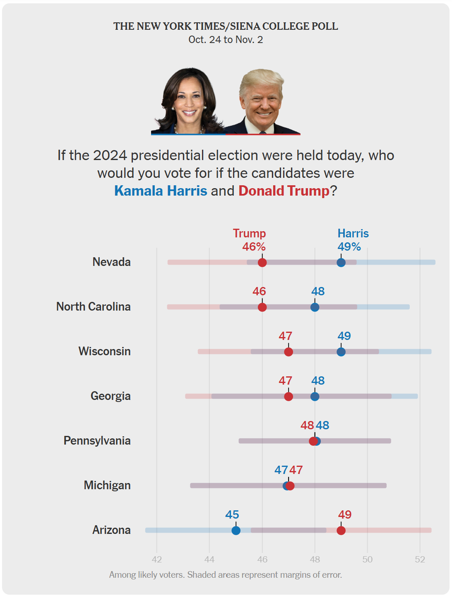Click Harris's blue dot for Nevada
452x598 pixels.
pos(341,263)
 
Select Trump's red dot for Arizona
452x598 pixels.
pos(341,531)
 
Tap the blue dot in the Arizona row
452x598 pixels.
pos(236,531)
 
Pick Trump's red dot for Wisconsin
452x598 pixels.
pos(289,352)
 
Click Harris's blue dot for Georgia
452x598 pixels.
pos(315,397)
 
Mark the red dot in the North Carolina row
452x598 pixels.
pos(262,307)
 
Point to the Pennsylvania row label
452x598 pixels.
pos(97,441)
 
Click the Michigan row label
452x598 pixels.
pos(107,486)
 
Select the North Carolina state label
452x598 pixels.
pos(94,307)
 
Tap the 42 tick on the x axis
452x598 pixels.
pos(157,560)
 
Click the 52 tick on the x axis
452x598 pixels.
pos(420,560)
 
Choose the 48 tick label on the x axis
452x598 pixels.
pos(315,560)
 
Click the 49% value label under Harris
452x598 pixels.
pos(349,247)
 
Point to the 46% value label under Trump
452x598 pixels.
pos(254,247)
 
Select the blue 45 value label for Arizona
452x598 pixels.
pos(232,515)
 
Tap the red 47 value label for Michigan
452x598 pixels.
pos(296,470)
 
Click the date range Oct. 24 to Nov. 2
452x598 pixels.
pos(226,40)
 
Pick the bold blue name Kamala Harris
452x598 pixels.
pos(161,191)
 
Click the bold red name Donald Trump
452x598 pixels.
pos(284,191)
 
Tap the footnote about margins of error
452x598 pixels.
pos(226,575)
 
